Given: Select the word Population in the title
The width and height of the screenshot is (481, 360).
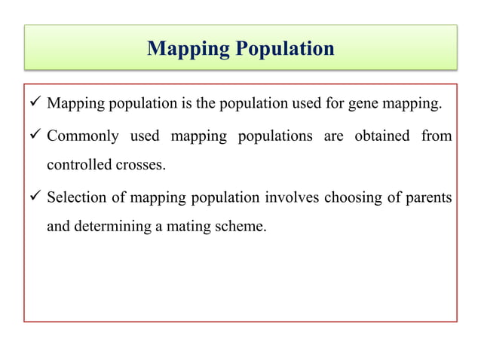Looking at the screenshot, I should (284, 49).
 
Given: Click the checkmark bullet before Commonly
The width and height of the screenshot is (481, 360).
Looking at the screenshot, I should (35, 136).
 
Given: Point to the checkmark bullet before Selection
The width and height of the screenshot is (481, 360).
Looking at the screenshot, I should (35, 197).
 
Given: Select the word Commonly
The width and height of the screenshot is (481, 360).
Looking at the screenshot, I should (79, 136).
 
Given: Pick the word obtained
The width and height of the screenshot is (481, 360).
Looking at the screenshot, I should (380, 136).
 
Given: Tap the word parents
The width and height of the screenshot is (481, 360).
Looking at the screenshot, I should (427, 198).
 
